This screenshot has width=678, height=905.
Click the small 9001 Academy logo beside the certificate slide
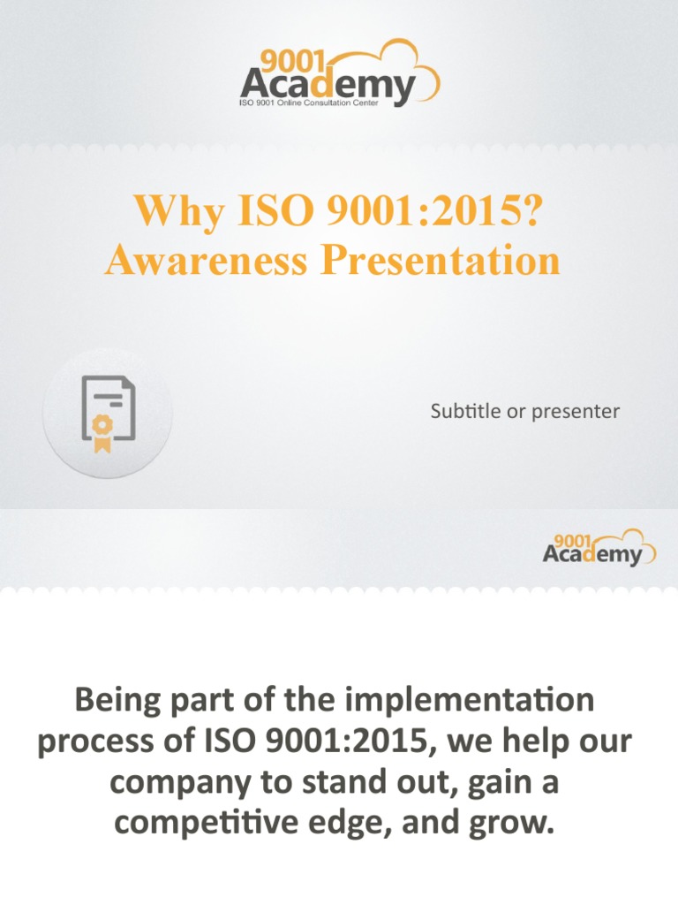tap(598, 548)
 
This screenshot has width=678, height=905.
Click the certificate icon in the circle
tap(109, 413)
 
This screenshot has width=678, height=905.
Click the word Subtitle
tap(464, 411)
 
